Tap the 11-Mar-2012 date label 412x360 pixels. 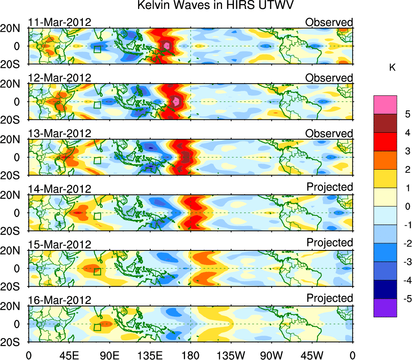pos(59,22)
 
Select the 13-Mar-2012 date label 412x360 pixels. pos(59,134)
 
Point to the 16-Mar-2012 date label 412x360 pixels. pos(59,300)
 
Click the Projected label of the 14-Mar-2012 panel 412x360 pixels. pos(330,187)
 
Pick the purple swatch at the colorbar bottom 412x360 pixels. pos(385,308)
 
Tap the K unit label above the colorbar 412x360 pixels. pos(392,68)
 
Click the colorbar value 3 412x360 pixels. pos(406,151)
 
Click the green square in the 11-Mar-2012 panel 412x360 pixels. pos(97,49)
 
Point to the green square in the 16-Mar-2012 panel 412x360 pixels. pos(97,327)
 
